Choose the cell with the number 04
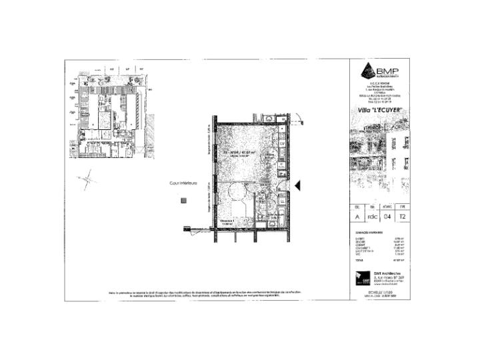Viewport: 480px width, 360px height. pos(388,216)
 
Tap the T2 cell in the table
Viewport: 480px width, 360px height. pos(403,216)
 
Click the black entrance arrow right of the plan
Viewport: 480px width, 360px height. pos(300,185)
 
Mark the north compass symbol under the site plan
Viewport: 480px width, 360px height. pos(87,179)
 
